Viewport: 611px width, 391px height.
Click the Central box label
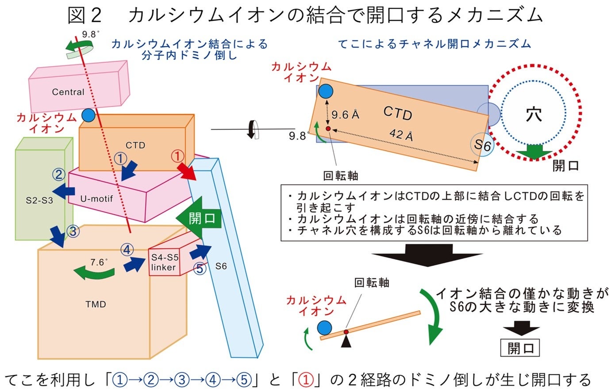click(68, 92)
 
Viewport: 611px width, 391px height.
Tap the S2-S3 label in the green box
click(39, 200)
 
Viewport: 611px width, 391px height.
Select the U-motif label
click(96, 199)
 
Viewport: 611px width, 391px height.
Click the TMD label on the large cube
click(96, 304)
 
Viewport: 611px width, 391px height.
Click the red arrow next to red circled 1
click(188, 172)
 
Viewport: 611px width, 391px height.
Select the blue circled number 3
click(73, 231)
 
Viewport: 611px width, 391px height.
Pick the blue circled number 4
click(127, 250)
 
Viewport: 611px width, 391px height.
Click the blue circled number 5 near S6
click(200, 268)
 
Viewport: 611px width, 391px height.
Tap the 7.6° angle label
click(97, 262)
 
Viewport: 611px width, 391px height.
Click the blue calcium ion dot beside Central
click(88, 115)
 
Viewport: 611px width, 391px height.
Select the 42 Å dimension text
click(401, 134)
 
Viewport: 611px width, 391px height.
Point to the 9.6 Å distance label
click(346, 115)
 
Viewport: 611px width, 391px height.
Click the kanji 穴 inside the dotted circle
click(534, 114)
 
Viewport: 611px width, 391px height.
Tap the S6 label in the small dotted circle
click(482, 144)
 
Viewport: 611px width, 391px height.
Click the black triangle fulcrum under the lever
click(346, 341)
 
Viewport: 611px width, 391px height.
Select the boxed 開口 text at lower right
click(520, 348)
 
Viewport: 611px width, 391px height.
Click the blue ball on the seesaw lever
click(324, 328)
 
